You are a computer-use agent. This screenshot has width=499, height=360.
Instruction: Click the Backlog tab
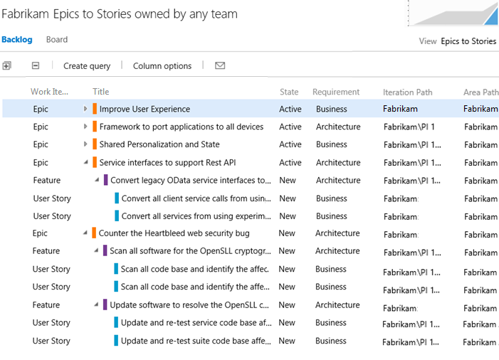(17, 39)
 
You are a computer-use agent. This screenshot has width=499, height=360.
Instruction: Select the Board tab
(57, 39)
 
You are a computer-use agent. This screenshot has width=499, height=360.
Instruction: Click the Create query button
(87, 66)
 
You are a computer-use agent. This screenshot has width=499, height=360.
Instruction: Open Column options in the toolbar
(162, 66)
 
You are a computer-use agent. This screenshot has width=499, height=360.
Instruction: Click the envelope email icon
(220, 65)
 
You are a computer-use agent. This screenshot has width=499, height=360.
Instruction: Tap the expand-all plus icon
(6, 66)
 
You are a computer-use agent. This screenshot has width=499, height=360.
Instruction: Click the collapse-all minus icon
(36, 65)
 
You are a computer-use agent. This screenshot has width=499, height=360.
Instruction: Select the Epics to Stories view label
(468, 41)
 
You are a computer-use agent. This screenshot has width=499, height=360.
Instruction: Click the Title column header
(101, 92)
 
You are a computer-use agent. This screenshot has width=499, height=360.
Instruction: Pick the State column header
(289, 92)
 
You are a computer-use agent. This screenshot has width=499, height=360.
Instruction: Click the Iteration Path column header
(408, 92)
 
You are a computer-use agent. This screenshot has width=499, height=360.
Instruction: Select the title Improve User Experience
(145, 109)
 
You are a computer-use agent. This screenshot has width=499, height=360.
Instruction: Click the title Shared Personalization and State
(159, 144)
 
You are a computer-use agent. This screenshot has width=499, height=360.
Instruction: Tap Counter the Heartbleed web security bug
(174, 233)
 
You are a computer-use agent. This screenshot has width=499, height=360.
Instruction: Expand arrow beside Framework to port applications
(85, 127)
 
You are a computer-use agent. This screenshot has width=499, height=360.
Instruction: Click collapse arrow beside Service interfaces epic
(86, 162)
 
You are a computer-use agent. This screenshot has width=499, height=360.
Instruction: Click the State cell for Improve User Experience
(290, 109)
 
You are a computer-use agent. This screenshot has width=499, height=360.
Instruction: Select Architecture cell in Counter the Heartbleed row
(337, 233)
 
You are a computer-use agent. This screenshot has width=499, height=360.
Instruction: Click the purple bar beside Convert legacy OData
(105, 180)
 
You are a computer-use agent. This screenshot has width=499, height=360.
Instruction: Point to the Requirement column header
(336, 92)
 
